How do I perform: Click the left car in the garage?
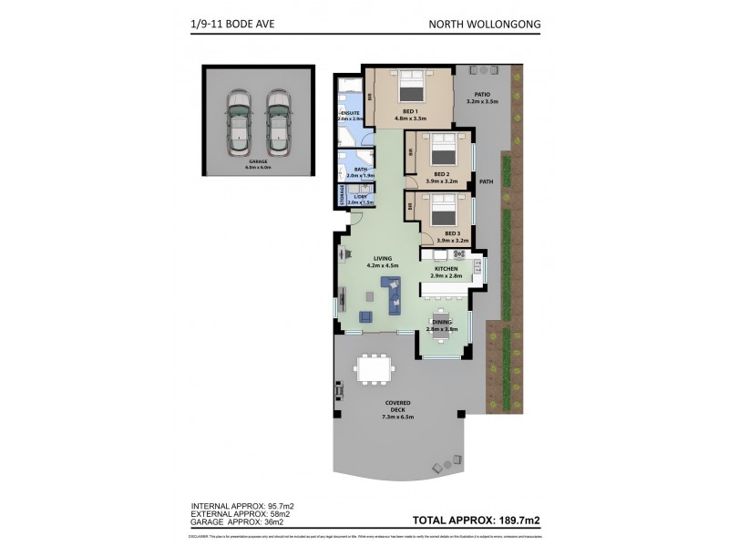[239, 120]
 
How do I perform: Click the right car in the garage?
[278, 120]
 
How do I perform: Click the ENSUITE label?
[351, 114]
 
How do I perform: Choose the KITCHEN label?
[446, 271]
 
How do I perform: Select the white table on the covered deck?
[375, 367]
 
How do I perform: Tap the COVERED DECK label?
[398, 408]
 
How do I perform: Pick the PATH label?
[486, 181]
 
